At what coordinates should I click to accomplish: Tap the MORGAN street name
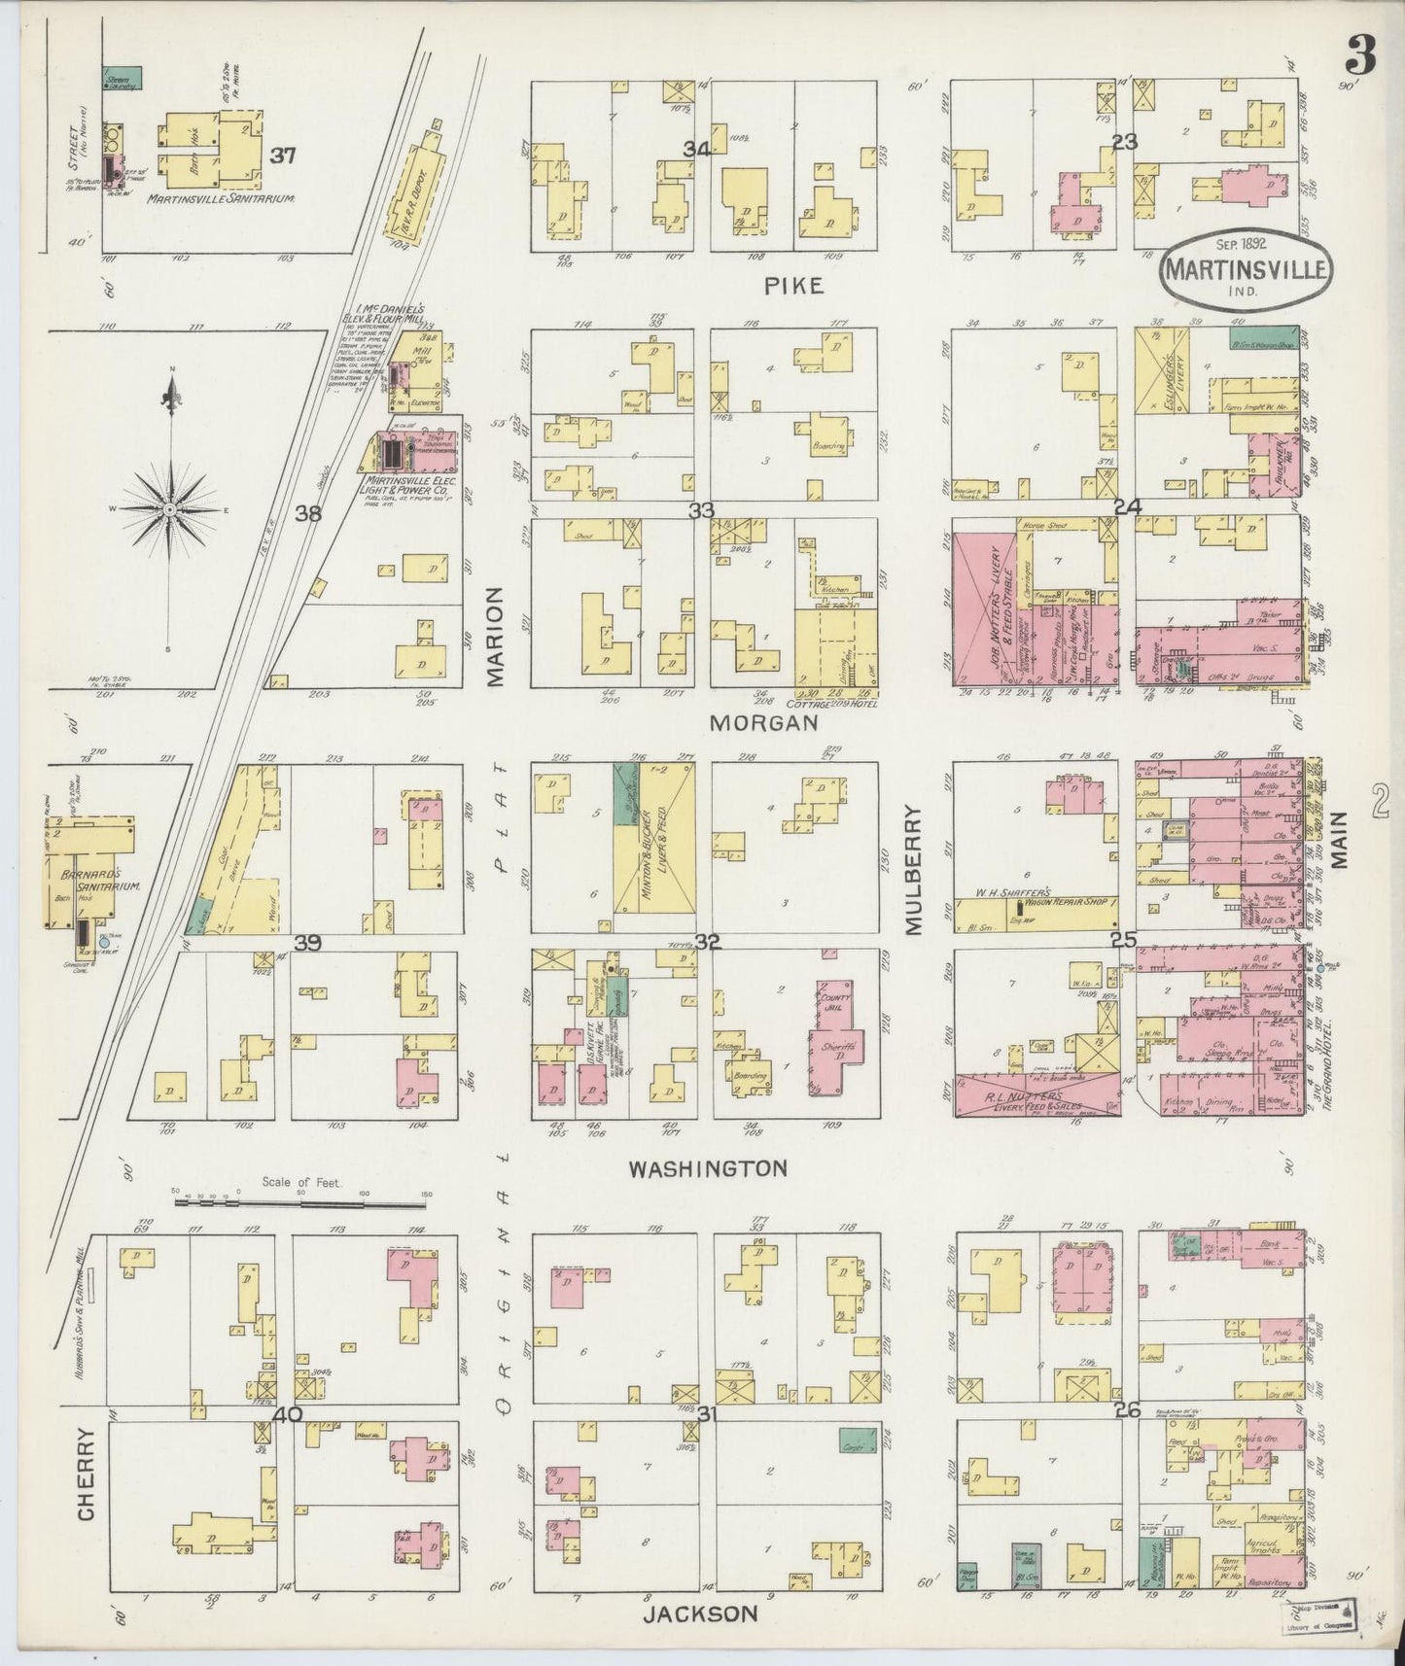762,723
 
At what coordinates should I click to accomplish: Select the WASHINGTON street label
707,1168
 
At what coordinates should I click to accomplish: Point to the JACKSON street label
699,1614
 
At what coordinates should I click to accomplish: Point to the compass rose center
171,509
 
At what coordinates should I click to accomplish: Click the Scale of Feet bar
301,1202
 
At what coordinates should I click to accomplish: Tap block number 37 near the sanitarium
283,155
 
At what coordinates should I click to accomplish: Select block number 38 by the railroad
308,513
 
